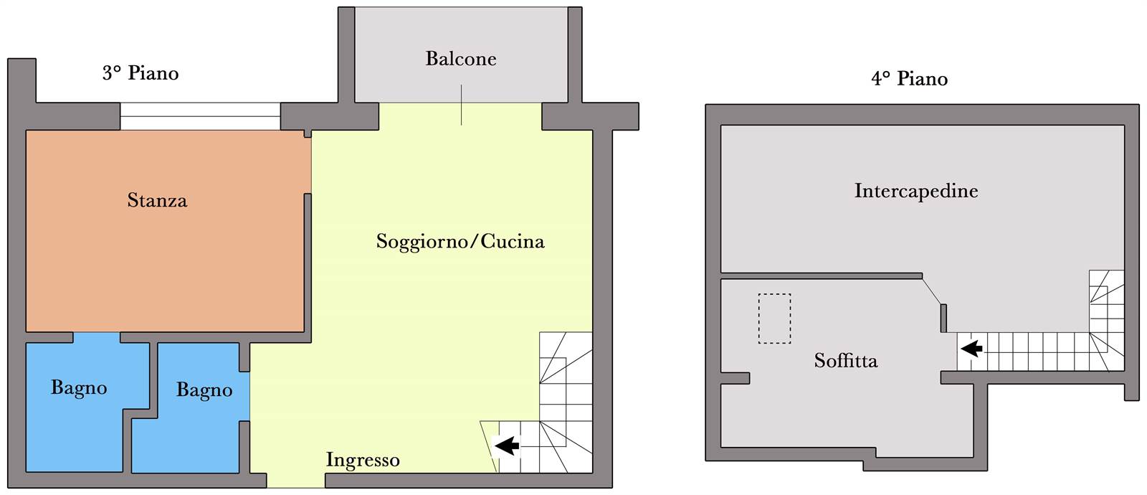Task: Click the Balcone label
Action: (461, 59)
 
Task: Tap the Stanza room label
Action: (157, 200)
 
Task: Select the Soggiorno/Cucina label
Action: (460, 241)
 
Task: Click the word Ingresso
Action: (363, 460)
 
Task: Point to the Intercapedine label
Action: (916, 191)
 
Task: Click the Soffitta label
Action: (846, 361)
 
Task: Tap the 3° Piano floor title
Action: (141, 73)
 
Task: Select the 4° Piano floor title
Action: (910, 79)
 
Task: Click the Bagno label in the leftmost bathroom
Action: (79, 388)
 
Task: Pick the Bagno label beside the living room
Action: (204, 390)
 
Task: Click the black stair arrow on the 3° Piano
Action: (507, 445)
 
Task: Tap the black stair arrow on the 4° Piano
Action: (971, 349)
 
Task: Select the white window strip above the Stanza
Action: (200, 116)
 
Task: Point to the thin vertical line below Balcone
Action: (462, 105)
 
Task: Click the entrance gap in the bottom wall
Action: (296, 481)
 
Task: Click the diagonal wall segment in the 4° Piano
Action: (931, 291)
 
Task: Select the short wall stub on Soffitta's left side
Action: (736, 378)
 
